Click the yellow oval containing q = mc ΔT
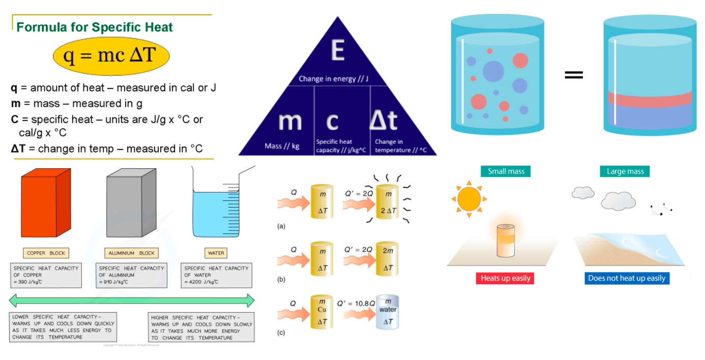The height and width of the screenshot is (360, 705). click(111, 55)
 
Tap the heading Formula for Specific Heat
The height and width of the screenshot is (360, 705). click(95, 27)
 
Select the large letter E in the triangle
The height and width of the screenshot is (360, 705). click(337, 50)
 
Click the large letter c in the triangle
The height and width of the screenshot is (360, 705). click(332, 121)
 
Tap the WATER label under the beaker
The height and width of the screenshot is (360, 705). click(216, 253)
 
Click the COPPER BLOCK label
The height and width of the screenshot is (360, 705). click(46, 253)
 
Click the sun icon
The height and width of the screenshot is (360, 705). click(468, 199)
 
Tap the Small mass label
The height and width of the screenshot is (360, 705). click(506, 171)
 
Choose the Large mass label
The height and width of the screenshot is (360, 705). click(625, 171)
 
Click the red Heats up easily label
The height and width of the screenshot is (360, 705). click(506, 278)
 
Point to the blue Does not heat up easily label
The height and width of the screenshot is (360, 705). click(627, 278)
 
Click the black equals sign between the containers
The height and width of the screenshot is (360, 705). click(573, 75)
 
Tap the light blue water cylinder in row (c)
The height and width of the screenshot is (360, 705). click(387, 312)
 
